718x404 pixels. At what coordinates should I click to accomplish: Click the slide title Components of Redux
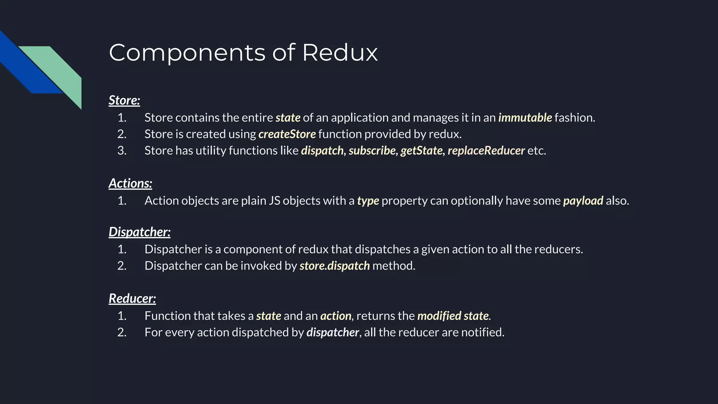tap(243, 53)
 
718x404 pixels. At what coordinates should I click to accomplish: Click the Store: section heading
tap(124, 100)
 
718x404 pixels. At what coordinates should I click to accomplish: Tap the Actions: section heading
tap(130, 183)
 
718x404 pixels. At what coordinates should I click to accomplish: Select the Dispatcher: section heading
tap(140, 232)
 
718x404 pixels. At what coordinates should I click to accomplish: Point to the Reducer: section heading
tap(132, 298)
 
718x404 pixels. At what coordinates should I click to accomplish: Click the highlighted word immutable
tap(525, 117)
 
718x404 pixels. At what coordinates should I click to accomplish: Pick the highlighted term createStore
tap(287, 134)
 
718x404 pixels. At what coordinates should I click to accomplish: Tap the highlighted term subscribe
tap(372, 150)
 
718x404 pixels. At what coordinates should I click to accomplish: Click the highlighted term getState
tap(421, 150)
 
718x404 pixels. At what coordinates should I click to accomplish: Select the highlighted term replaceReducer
tap(486, 150)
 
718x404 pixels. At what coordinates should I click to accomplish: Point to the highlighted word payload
tap(583, 201)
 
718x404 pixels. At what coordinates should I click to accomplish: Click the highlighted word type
tap(368, 201)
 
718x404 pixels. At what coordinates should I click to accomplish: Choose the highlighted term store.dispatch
tap(334, 266)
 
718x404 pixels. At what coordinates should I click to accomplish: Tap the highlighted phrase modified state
tap(453, 316)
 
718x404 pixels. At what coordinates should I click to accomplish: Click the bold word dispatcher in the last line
tap(332, 332)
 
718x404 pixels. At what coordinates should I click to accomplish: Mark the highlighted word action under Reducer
tap(336, 316)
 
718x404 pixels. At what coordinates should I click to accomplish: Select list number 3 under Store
tap(122, 150)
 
